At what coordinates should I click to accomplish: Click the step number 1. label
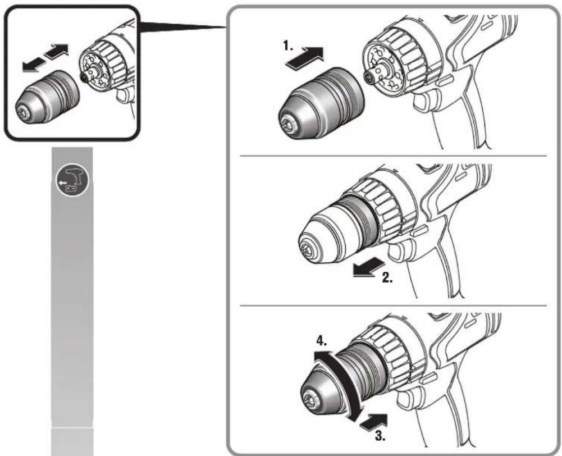pos(288,45)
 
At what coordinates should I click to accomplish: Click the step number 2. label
pos(387,277)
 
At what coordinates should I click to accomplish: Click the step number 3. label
pos(381,435)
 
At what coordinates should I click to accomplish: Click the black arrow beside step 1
pos(305,58)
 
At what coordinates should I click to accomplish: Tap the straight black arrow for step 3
pos(373,421)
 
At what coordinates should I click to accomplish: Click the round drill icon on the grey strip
pos(72,181)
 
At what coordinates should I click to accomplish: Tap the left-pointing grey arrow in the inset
pos(34,66)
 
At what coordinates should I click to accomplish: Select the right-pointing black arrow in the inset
pos(56,51)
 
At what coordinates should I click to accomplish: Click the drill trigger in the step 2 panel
pos(399,252)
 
